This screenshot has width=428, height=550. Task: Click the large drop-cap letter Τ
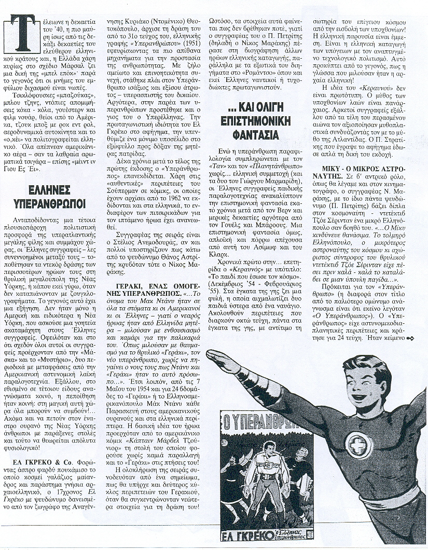(x=22, y=32)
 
